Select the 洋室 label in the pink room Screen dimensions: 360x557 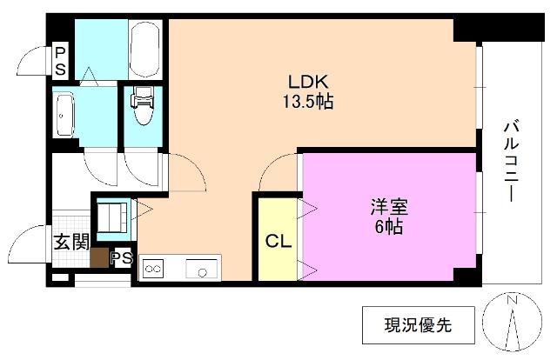(389, 209)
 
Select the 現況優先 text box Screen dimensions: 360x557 (419, 326)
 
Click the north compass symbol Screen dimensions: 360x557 (513, 326)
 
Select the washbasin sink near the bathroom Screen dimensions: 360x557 (64, 110)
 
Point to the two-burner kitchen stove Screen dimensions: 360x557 (153, 270)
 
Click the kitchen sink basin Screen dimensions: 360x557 (202, 270)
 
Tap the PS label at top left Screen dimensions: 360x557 (60, 60)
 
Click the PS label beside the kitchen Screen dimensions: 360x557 (122, 258)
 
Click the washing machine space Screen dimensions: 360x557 (111, 217)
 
